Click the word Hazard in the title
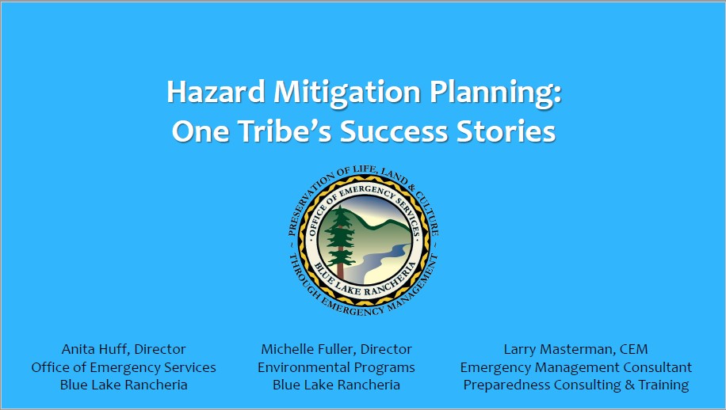tap(216, 92)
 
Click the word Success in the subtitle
tap(394, 131)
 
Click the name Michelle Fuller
tap(308, 349)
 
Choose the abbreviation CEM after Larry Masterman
tap(634, 349)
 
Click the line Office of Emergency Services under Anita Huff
tap(124, 367)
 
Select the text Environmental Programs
tap(336, 367)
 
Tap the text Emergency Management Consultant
tap(576, 367)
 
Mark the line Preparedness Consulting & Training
tap(576, 385)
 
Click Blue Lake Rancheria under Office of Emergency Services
tap(124, 385)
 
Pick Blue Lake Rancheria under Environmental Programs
tap(336, 385)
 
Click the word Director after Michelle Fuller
tap(386, 349)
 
